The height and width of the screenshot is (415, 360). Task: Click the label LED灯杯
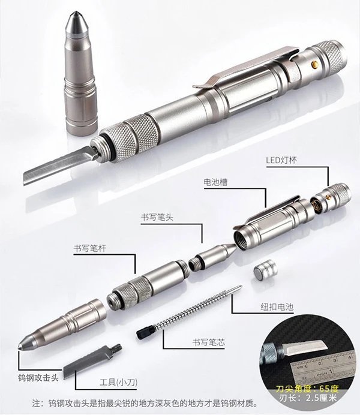tap(281, 160)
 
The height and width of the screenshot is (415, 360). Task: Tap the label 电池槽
tap(215, 182)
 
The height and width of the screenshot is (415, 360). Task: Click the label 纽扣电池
tap(277, 306)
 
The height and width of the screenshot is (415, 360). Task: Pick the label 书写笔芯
tap(209, 342)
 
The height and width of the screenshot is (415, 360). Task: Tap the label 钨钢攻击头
tap(38, 377)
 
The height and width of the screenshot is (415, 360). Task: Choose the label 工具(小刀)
tap(118, 382)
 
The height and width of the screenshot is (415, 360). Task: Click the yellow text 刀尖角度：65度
tap(307, 389)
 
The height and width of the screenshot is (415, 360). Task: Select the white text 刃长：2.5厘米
tap(308, 398)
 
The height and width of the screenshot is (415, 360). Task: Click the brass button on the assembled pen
tap(315, 65)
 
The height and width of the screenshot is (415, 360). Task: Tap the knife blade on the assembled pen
tap(58, 166)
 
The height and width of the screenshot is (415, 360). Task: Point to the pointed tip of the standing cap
tap(76, 12)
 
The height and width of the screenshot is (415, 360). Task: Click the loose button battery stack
tap(265, 272)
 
